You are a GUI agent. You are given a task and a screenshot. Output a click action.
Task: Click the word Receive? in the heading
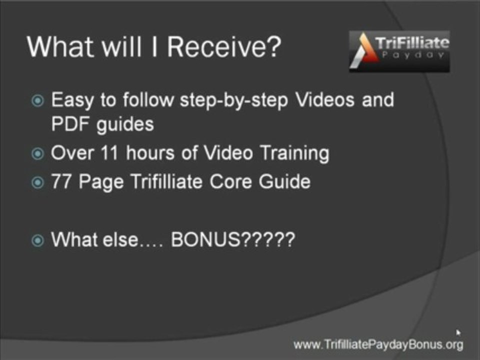[224, 47]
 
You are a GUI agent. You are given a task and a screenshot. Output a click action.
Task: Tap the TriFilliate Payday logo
[399, 50]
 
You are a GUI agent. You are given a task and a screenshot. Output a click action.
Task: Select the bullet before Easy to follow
[37, 101]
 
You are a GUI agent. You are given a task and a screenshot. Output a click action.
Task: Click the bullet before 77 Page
[37, 182]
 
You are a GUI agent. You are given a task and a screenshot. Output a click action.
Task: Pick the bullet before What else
[37, 241]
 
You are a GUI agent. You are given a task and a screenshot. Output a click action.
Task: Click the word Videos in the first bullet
[325, 100]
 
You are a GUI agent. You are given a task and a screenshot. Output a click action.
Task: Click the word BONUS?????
[233, 240]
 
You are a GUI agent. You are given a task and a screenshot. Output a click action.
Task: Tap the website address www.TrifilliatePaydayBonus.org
[378, 344]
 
